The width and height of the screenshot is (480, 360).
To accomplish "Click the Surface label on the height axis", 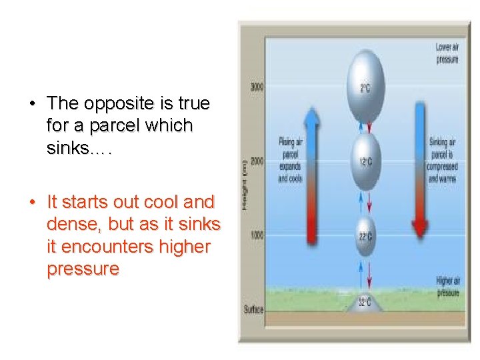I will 254,309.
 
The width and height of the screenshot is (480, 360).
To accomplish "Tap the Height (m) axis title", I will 246,190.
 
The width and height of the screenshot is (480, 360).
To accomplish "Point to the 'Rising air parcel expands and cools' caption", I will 290,160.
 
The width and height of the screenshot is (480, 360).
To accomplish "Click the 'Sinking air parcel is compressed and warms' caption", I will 442,160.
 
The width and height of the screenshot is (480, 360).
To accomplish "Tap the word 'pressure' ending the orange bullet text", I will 83,269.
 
